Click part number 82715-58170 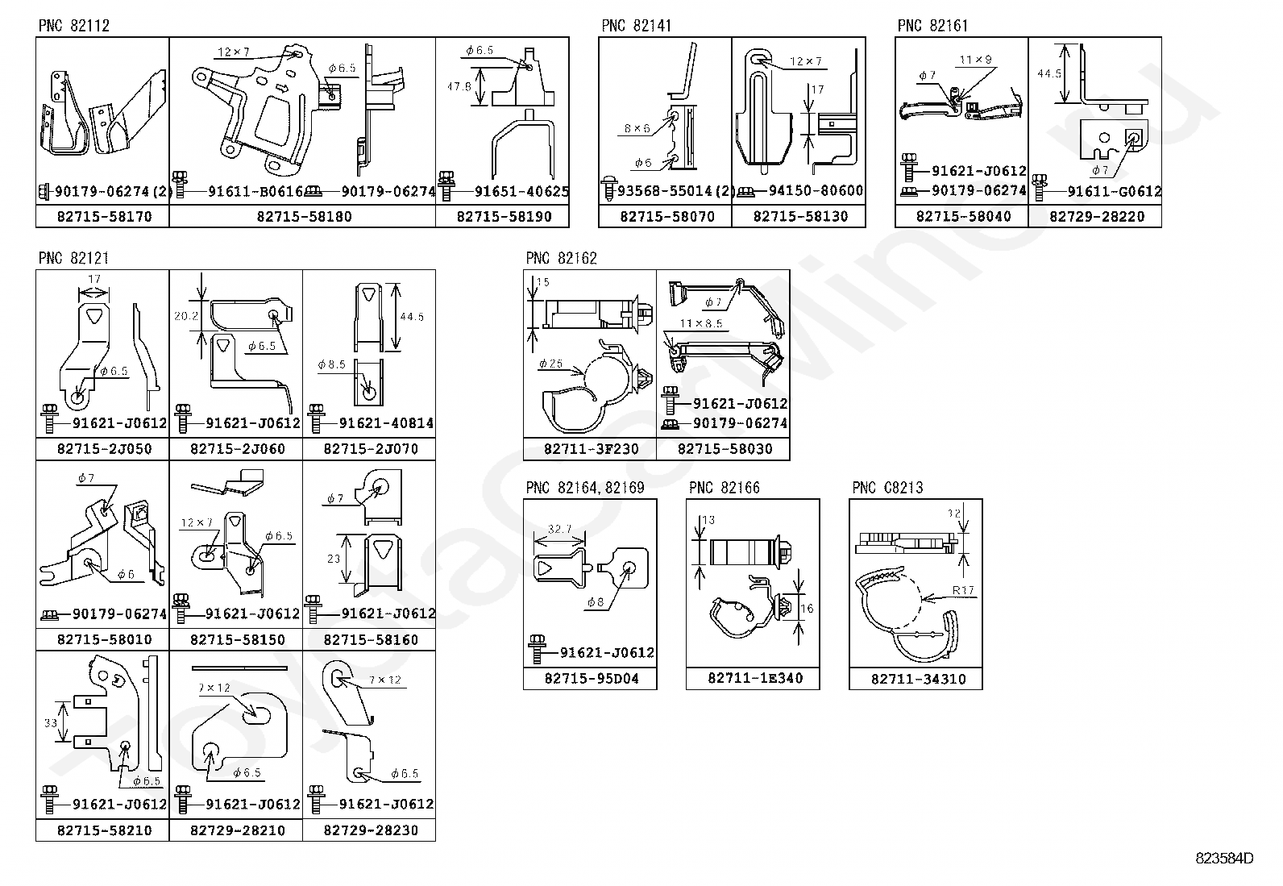[x=102, y=217]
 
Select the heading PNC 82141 [x=636, y=26]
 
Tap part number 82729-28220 [x=1096, y=217]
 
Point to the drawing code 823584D [x=1224, y=859]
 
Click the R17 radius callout [x=963, y=590]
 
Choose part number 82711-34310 [x=916, y=679]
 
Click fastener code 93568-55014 [x=662, y=192]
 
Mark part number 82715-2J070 [x=370, y=449]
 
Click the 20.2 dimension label [x=185, y=316]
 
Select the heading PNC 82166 [x=724, y=488]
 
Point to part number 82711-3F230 [x=591, y=449]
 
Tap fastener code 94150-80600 [x=816, y=192]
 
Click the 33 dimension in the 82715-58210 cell [x=51, y=722]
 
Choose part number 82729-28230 [x=370, y=830]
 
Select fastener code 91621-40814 [x=386, y=423]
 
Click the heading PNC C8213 [x=887, y=488]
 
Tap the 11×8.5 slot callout [x=700, y=324]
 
